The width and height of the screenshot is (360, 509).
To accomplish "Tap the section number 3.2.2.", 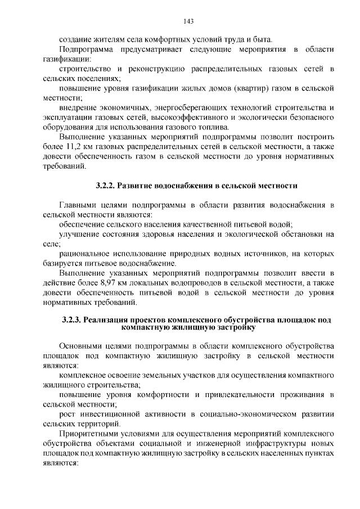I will pos(105,185).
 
